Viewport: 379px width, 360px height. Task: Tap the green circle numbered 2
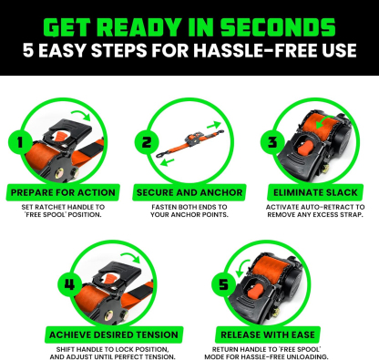pyautogui.click(x=144, y=143)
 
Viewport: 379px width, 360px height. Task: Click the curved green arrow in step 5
pyautogui.click(x=239, y=266)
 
